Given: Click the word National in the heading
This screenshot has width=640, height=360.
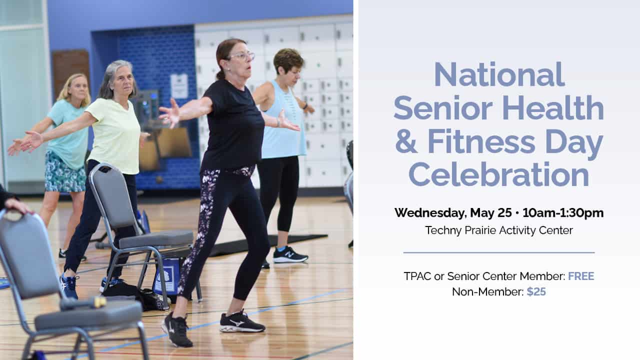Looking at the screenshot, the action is click(499, 74).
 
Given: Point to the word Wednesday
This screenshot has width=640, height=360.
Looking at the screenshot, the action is click(430, 213).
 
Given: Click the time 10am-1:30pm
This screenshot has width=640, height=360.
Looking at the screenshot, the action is click(563, 213).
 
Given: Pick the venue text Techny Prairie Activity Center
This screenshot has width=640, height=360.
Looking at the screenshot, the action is click(499, 230).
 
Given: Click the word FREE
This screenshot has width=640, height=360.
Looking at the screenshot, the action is click(581, 276).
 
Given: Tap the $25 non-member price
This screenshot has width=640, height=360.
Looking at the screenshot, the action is click(536, 291).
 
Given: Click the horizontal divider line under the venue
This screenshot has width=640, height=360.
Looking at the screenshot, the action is click(499, 252).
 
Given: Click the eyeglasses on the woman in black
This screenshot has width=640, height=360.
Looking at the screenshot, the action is click(242, 56).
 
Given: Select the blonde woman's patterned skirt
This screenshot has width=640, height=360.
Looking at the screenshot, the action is click(64, 172).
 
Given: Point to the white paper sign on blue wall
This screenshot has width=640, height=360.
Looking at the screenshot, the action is click(179, 86).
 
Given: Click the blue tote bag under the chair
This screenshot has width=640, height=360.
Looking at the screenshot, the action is click(166, 276).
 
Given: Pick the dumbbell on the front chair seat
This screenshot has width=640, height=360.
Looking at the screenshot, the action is click(83, 303).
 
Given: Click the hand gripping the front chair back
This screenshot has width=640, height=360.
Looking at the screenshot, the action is click(17, 205).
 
